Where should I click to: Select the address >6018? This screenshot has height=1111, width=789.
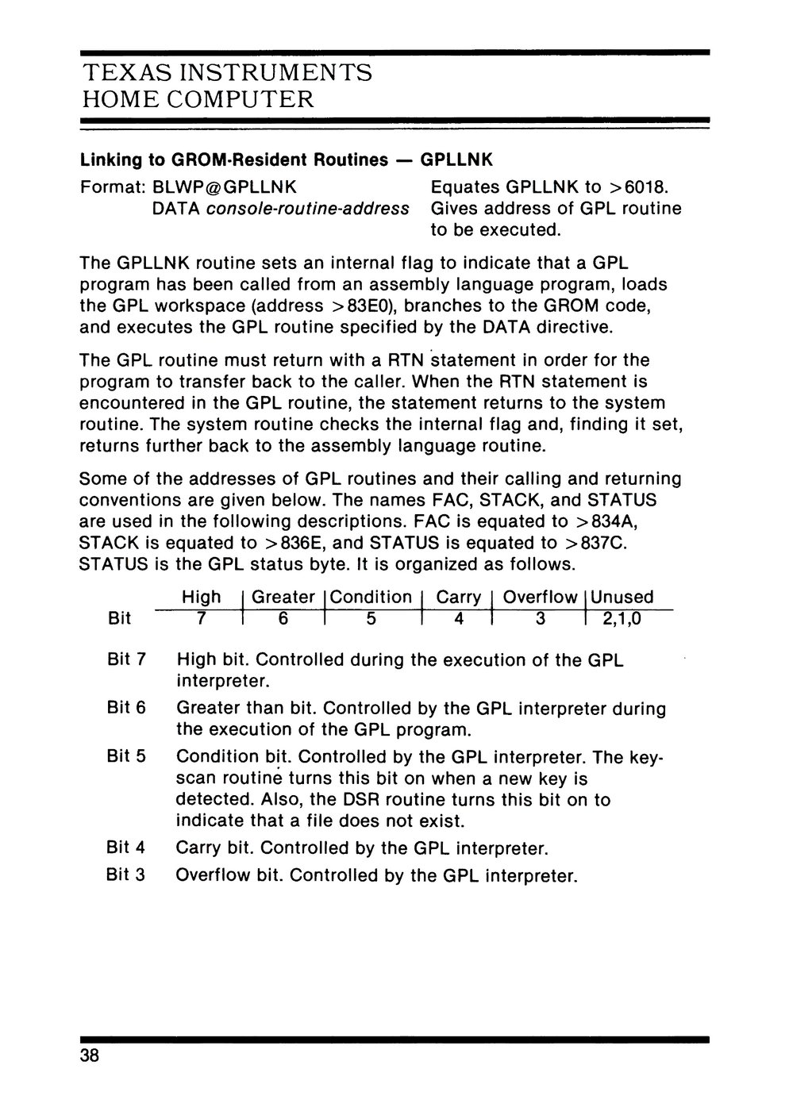tap(638, 187)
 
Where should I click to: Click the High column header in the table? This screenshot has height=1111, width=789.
tap(202, 598)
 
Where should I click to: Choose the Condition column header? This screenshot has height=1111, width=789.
tap(371, 598)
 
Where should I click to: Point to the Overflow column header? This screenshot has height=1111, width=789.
tap(540, 598)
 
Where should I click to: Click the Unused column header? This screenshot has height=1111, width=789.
tap(622, 598)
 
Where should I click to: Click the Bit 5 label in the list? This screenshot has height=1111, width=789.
tap(126, 757)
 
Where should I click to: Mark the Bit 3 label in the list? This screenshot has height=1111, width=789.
tap(126, 876)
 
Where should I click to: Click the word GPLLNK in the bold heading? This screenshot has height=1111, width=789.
tap(456, 160)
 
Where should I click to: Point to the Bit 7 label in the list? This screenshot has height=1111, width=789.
tap(126, 660)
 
